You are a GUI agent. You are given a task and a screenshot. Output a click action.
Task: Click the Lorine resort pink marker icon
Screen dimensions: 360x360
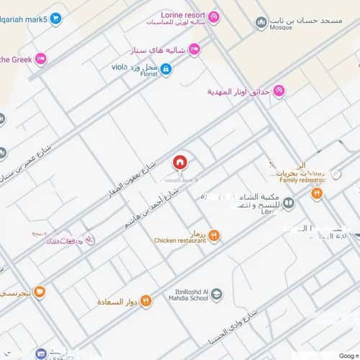coord(215,16)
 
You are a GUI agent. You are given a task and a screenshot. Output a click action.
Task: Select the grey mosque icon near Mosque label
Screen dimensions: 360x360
coord(261,23)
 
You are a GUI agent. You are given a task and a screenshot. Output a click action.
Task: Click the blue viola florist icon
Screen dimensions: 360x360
coord(166,69)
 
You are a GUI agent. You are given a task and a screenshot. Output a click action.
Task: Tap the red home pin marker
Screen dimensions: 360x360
coord(179,161)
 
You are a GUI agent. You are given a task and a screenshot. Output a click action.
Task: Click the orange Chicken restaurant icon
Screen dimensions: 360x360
coord(214,235)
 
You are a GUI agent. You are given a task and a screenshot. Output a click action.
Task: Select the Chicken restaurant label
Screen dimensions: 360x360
coord(179,240)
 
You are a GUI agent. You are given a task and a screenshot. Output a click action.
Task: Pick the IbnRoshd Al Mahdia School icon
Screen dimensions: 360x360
coord(217,292)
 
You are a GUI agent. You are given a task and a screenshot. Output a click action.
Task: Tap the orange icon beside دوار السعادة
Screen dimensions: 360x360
coord(145,301)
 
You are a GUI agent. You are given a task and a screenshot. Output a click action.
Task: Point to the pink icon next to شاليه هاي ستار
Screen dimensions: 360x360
coord(194,49)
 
